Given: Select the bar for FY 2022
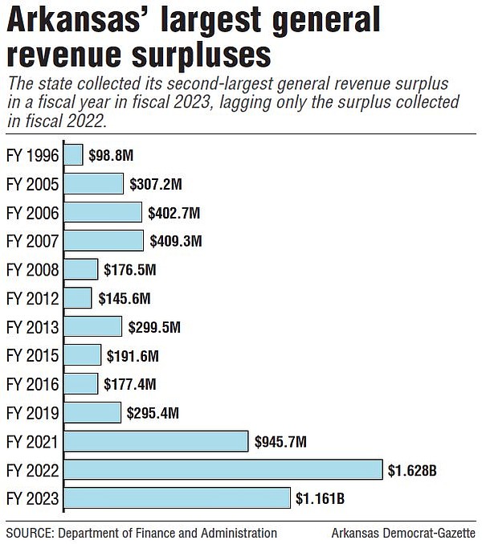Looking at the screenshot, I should (223, 470).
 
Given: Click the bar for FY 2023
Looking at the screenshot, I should (177, 498).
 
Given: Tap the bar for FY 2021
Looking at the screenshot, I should (156, 441).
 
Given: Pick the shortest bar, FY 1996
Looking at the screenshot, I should (73, 155).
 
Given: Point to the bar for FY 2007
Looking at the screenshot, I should (104, 241).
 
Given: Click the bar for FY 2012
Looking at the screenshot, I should (78, 298).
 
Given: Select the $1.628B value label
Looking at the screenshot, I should (413, 470).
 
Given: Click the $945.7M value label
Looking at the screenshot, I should (280, 441).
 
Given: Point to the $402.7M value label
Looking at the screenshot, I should (174, 213).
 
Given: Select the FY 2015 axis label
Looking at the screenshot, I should (32, 356).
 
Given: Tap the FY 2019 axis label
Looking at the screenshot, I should (32, 413).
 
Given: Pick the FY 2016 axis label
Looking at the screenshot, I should (32, 384).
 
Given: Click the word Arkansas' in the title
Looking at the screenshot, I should (89, 22).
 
